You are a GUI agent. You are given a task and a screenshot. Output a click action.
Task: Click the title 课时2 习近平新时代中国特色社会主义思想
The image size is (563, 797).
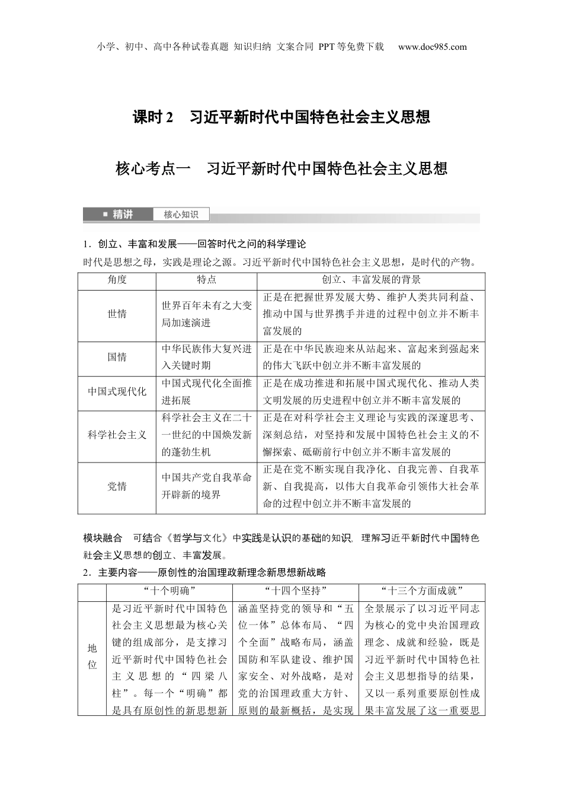coord(281,117)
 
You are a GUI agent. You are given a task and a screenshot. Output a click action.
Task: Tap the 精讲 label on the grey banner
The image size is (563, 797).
coord(123,215)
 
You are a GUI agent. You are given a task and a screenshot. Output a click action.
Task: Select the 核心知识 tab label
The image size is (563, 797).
coord(181,215)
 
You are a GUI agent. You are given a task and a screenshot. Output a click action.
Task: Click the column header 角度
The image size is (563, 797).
coord(117,280)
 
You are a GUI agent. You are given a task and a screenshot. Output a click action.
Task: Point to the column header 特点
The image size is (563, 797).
coord(206,280)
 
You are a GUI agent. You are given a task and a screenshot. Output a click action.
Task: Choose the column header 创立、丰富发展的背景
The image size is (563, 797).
coord(371,280)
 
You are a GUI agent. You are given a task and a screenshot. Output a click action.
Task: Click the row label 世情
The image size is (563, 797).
coord(117,314)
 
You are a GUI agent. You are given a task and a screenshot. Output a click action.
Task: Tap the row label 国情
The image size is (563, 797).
coord(117,357)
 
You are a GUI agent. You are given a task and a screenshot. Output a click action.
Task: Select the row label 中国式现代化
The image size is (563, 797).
coord(117,391)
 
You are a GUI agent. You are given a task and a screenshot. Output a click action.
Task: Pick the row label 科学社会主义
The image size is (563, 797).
coord(117,435)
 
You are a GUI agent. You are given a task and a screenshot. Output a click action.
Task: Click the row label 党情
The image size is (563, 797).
coord(117,486)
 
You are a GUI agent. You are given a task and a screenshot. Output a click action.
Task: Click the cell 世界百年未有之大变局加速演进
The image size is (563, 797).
coord(206,314)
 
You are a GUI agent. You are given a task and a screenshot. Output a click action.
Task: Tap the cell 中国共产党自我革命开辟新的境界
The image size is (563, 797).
coord(206,486)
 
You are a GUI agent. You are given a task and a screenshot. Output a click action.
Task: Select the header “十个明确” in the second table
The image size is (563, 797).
coord(169,591)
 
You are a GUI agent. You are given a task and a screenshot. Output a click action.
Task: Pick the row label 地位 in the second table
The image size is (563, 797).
coord(92,657)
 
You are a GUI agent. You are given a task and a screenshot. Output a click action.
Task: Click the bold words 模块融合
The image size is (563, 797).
coord(103,538)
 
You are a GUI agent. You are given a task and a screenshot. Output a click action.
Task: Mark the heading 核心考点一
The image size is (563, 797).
coord(152,169)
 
